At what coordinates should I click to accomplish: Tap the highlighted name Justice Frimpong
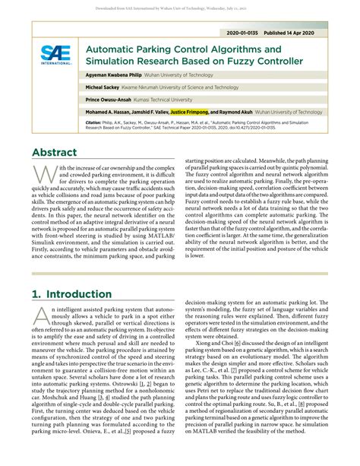(x=194, y=110)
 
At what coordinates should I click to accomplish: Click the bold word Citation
(x=93, y=122)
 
